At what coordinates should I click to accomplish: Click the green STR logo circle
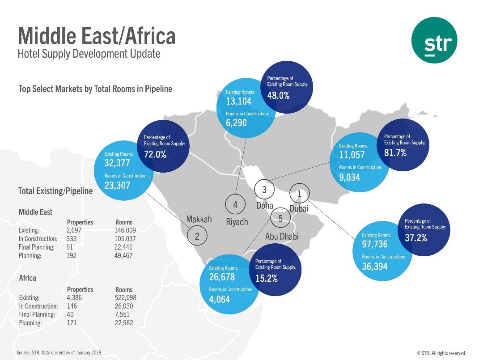point(434,44)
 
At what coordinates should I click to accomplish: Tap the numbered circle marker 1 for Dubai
point(299,194)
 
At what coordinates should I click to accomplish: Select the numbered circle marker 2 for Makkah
point(197,236)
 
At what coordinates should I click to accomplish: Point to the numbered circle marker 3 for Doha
point(264,190)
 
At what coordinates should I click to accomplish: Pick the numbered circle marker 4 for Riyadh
point(235,205)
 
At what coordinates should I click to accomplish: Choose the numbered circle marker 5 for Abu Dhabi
point(280,219)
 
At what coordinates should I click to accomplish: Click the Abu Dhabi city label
point(282,237)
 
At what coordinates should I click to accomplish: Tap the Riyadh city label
point(237,222)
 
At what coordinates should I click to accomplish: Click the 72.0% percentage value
point(155,155)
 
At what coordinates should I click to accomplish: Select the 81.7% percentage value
point(395,153)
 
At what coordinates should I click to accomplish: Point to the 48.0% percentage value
point(278,95)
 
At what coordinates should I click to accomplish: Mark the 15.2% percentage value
point(267,278)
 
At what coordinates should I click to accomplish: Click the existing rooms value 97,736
point(375,244)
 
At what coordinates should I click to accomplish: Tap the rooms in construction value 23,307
point(117,185)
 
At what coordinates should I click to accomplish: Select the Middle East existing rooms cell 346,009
point(125,230)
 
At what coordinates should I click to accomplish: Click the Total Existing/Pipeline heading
point(55,191)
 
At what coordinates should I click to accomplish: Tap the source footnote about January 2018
point(59,352)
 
